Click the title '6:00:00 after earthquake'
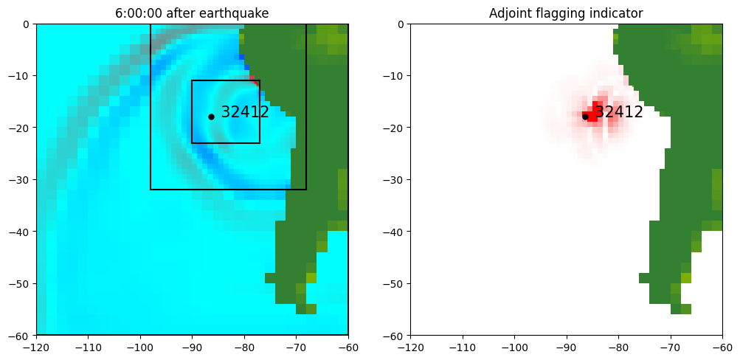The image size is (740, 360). (192, 13)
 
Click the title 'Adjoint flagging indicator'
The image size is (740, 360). (566, 13)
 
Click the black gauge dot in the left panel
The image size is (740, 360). (211, 117)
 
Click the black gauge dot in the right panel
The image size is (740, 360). (585, 117)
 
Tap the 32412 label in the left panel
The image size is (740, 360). (245, 113)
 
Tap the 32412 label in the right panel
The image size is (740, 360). (619, 113)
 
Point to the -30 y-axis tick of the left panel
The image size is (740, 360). (20, 179)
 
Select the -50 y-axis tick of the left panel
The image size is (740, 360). (20, 283)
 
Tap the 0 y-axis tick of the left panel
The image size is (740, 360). (27, 24)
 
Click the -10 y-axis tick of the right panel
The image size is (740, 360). (394, 76)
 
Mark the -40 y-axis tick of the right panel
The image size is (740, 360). (394, 232)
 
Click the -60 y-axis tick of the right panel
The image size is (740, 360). (394, 336)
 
